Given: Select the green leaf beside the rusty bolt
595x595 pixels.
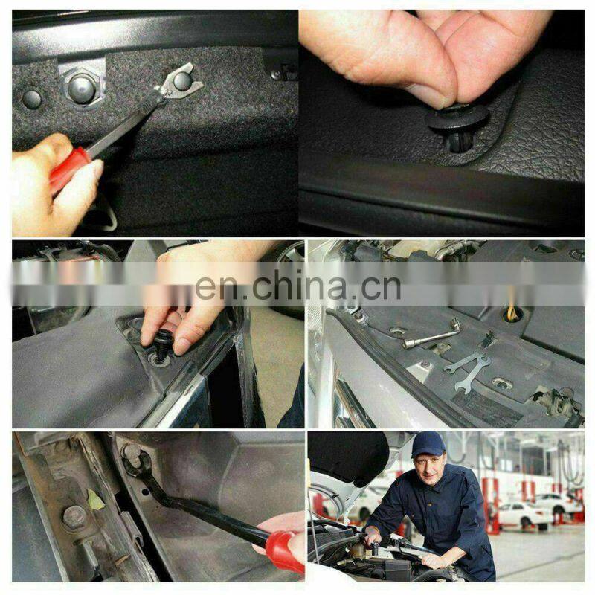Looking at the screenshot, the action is point(95,499).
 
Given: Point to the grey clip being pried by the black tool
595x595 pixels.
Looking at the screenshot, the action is point(133,455).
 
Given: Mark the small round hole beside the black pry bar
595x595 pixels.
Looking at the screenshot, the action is point(145,492).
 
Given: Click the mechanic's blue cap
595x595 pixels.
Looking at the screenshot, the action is point(428,444).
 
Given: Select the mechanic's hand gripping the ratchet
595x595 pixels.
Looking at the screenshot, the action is point(372,538).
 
